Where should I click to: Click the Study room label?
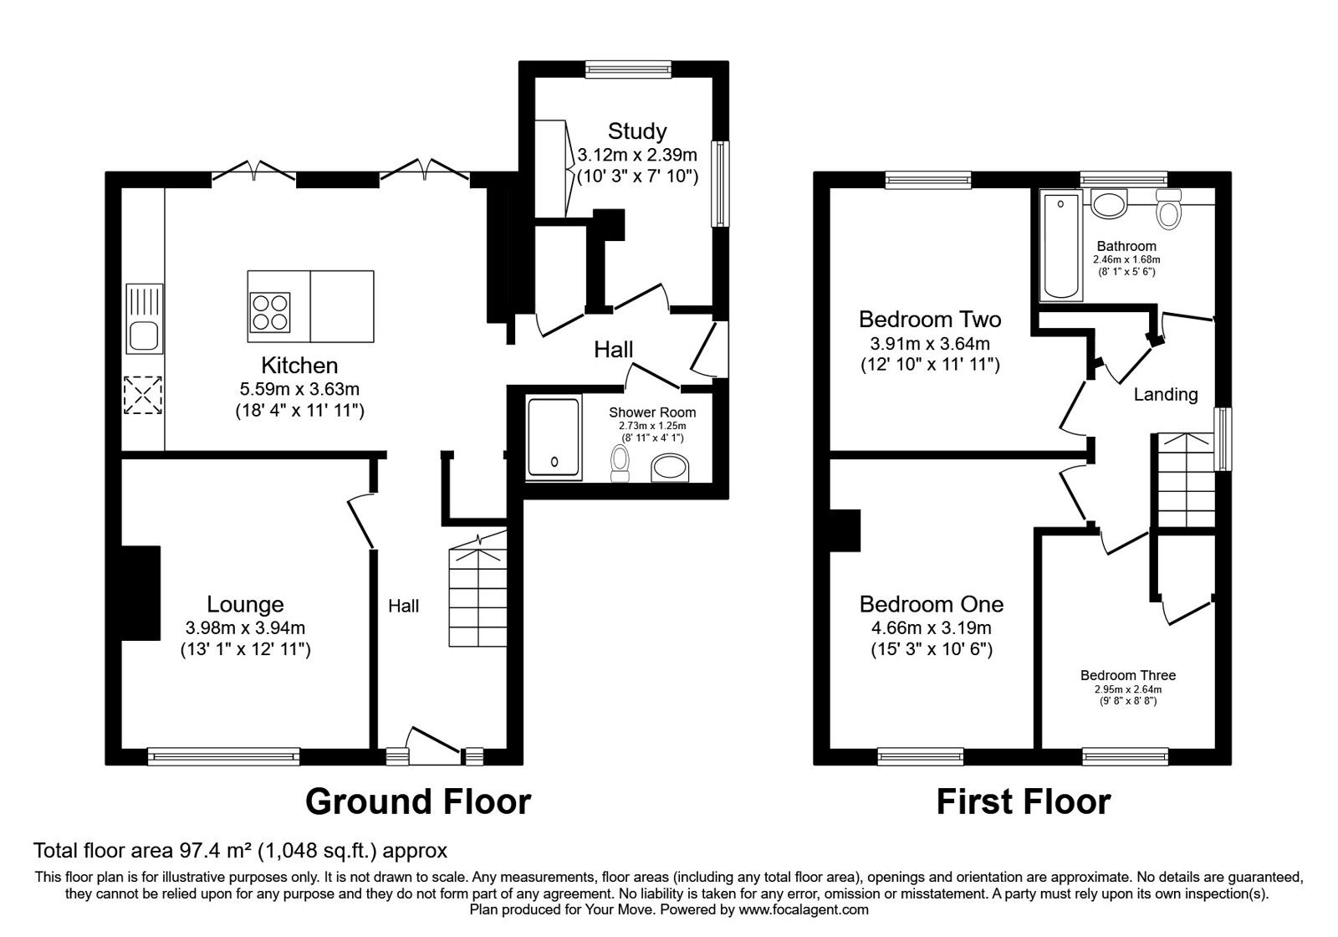pyautogui.click(x=636, y=131)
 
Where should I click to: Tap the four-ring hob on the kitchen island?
pyautogui.click(x=270, y=313)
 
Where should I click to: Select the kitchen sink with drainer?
pyautogui.click(x=144, y=319)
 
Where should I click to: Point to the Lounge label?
pyautogui.click(x=245, y=604)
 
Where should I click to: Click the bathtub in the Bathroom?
pyautogui.click(x=1061, y=246)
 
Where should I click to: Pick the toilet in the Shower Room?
pyautogui.click(x=620, y=463)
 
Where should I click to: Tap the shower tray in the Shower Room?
pyautogui.click(x=554, y=438)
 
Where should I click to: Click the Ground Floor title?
pyautogui.click(x=418, y=801)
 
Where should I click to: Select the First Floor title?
pyautogui.click(x=1024, y=801)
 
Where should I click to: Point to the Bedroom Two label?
pyautogui.click(x=930, y=319)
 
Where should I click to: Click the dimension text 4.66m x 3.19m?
pyautogui.click(x=932, y=628)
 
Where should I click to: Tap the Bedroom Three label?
pyautogui.click(x=1128, y=675)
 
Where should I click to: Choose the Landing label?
pyautogui.click(x=1166, y=394)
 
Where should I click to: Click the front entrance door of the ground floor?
pyautogui.click(x=435, y=746)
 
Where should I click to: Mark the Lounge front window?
pyautogui.click(x=223, y=757)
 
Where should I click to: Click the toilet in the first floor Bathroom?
pyautogui.click(x=1168, y=209)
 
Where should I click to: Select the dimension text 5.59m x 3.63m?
pyautogui.click(x=299, y=389)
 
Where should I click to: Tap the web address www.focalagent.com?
pyautogui.click(x=804, y=909)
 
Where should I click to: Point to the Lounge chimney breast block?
pyautogui.click(x=140, y=593)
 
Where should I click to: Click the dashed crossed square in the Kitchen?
pyautogui.click(x=142, y=395)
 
